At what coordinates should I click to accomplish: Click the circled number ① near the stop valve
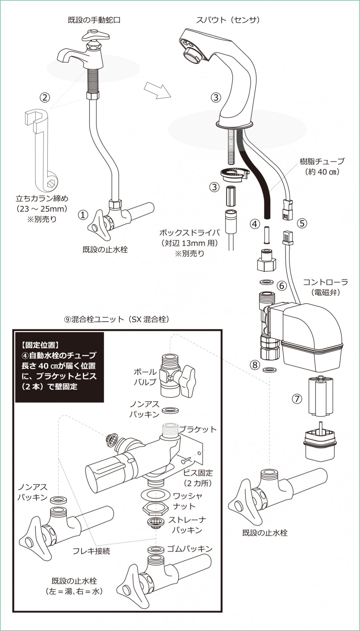click(83, 215)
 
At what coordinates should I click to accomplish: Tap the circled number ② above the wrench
click(45, 98)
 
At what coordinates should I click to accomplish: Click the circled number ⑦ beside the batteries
click(297, 399)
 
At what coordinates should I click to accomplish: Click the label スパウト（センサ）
click(228, 20)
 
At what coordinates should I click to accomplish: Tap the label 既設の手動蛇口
click(94, 20)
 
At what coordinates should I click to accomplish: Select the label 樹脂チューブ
click(322, 161)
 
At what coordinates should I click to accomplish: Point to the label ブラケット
click(198, 429)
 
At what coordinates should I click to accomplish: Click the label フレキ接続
click(91, 551)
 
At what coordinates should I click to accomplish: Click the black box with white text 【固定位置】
click(60, 367)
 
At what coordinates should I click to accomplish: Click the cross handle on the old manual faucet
click(94, 36)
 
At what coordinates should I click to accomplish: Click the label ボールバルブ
click(145, 377)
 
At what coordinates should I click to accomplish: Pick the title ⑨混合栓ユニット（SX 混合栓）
click(117, 319)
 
